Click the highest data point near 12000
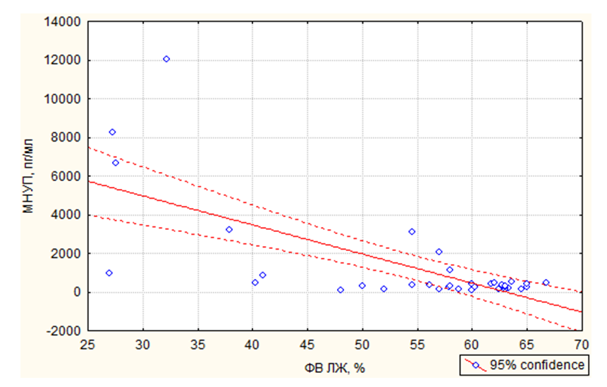tap(166, 59)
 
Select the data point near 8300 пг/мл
tap(112, 133)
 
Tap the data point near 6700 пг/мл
tap(116, 163)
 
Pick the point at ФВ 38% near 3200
tap(229, 230)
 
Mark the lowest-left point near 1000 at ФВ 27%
tap(109, 273)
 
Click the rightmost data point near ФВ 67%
tap(546, 283)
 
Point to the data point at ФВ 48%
tap(341, 290)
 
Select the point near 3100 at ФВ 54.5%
tap(412, 232)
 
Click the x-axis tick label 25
tap(88, 345)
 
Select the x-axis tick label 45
tap(307, 345)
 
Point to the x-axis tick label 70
tap(581, 345)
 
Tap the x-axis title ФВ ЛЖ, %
tap(335, 369)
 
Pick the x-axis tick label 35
tap(197, 345)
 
